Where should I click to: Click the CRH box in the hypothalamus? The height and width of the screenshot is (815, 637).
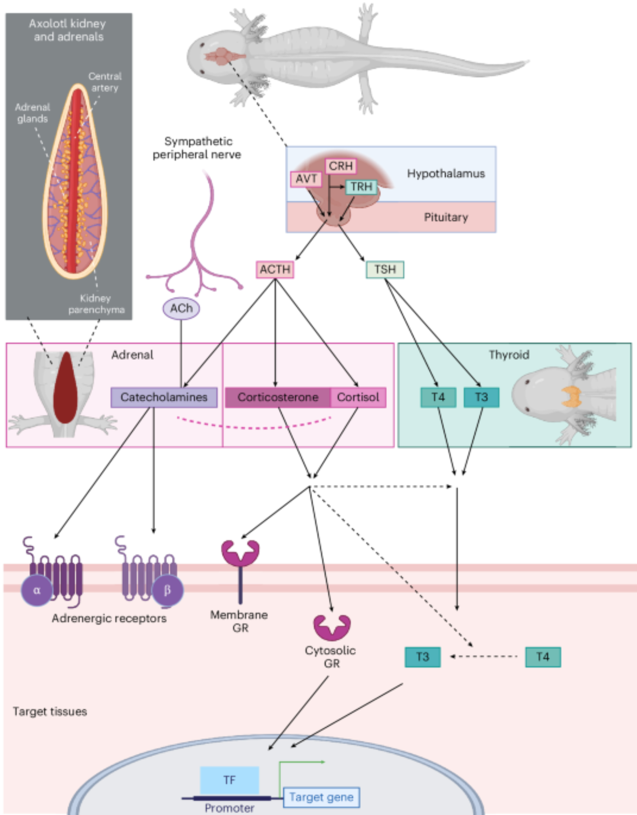340,166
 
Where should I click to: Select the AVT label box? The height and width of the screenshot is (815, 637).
306,179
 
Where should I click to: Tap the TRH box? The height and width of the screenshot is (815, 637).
361,187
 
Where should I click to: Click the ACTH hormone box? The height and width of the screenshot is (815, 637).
275,269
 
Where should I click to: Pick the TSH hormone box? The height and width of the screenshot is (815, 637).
385,269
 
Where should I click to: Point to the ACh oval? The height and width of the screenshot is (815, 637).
181,308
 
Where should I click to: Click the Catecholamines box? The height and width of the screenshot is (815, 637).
164,397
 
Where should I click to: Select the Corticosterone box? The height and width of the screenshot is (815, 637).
278,397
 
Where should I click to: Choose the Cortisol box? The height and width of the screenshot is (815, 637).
358,397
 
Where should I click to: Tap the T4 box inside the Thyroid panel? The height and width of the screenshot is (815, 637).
438,397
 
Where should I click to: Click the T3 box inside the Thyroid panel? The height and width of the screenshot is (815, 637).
481,397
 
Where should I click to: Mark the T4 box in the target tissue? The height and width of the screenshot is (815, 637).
543,657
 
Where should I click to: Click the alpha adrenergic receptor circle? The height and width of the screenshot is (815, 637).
37,590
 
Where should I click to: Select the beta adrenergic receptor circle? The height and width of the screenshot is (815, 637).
167,590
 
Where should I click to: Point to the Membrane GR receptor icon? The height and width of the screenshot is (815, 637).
240,562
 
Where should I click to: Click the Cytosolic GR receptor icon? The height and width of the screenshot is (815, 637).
332,628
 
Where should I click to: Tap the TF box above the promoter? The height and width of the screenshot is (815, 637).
229,780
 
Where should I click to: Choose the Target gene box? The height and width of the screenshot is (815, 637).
321,797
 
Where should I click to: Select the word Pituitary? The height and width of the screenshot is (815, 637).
446,217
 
